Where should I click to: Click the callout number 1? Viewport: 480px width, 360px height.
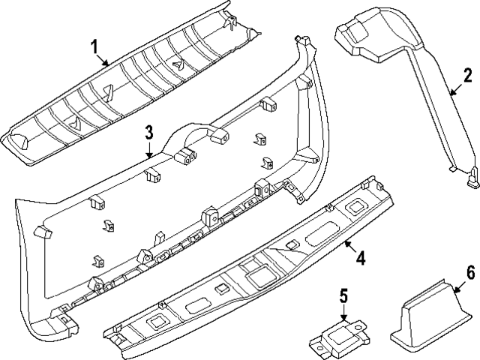click(x=94, y=47)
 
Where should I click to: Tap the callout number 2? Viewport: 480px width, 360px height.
click(x=467, y=76)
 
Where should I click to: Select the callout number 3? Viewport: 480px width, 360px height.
click(x=149, y=133)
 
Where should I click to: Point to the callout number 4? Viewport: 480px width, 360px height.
click(x=360, y=259)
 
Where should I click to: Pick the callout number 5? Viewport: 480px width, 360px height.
click(x=343, y=296)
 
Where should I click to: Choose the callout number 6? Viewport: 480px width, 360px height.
click(x=470, y=271)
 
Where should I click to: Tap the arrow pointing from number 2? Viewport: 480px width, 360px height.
click(x=454, y=90)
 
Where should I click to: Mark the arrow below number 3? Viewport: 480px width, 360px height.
click(x=150, y=150)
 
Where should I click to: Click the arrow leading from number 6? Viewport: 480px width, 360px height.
click(x=459, y=283)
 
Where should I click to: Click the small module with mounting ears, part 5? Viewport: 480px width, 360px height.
click(x=337, y=338)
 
